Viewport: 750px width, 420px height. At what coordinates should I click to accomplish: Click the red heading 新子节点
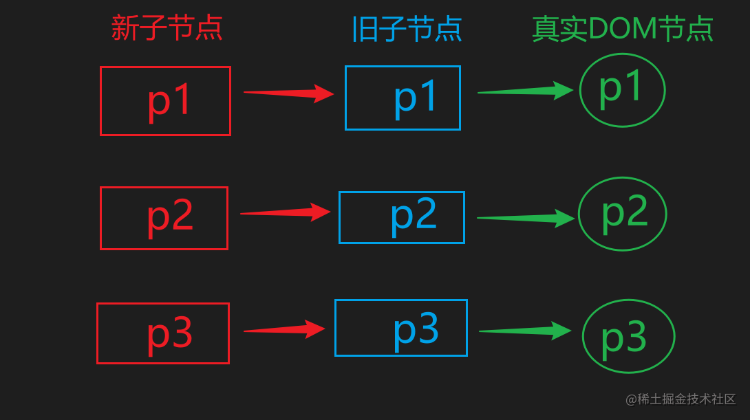point(167,28)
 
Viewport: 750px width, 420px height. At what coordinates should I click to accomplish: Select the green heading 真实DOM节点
point(623,29)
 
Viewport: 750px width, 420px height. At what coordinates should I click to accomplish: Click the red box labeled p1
point(165,101)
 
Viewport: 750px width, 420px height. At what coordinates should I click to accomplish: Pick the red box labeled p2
point(164,218)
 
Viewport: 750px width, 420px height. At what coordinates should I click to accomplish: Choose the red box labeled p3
point(163,333)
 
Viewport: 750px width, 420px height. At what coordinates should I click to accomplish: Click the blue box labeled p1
point(403,98)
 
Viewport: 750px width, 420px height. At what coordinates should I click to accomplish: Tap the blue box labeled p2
point(402,217)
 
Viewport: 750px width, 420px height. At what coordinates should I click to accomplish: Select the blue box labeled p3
point(401,328)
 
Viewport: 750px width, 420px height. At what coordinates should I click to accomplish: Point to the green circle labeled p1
point(623,90)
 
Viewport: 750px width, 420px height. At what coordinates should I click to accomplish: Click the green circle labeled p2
point(623,214)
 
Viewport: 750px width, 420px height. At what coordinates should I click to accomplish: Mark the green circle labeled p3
point(628,336)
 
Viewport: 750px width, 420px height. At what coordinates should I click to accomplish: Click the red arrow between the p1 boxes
point(289,93)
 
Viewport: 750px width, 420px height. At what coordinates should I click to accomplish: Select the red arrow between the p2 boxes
point(286,212)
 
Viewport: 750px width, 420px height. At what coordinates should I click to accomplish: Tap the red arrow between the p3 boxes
point(284,330)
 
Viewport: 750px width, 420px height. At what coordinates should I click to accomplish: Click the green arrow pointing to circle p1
point(526,91)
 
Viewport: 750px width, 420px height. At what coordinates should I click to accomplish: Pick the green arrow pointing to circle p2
point(526,219)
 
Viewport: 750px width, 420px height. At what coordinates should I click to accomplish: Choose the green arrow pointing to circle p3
point(525,331)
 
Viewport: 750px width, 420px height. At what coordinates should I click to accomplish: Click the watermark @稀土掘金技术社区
point(681,399)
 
